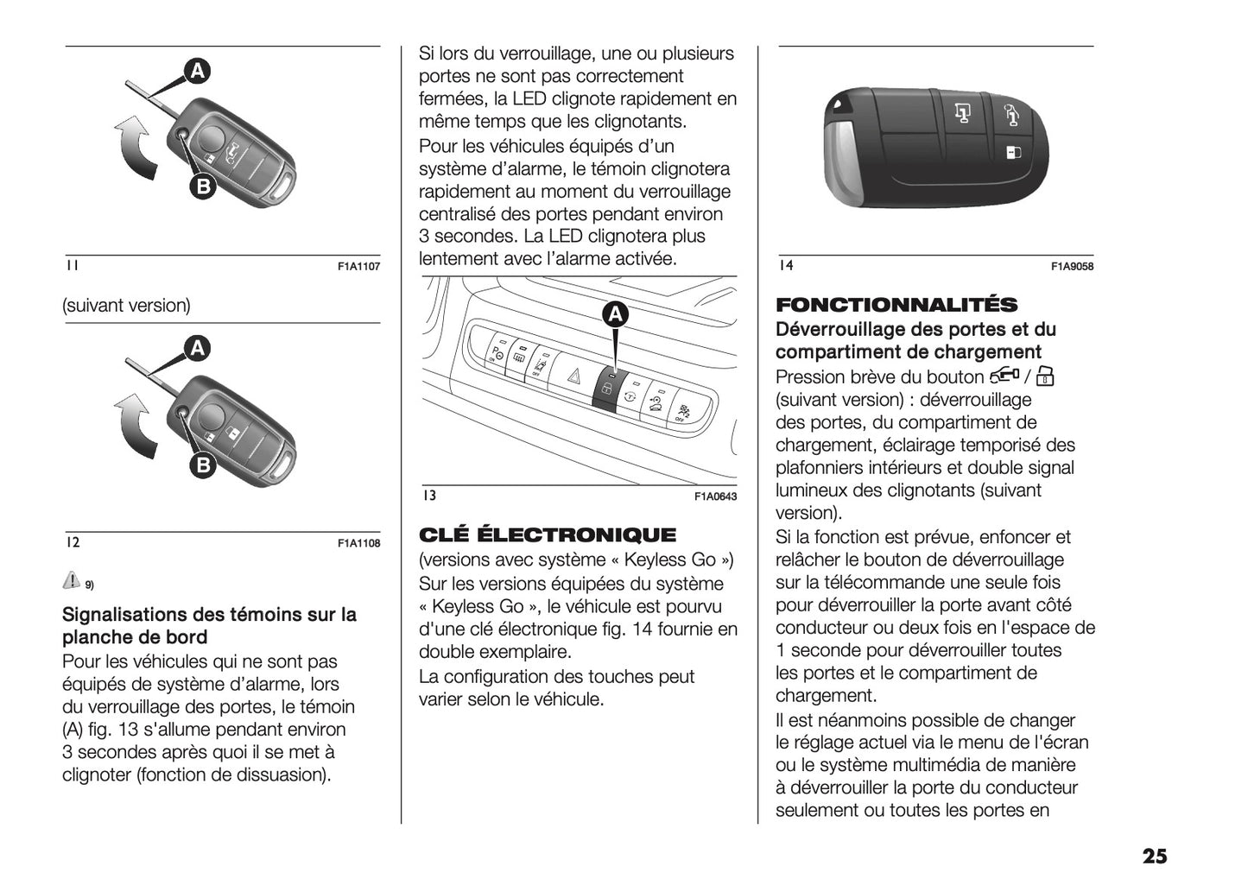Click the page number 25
point(1154,856)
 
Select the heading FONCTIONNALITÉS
point(896,305)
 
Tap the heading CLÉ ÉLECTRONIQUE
point(548,534)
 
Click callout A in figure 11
point(197,71)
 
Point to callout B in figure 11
point(201,186)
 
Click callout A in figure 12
point(198,349)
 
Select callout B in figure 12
point(202,465)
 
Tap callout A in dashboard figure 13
point(615,315)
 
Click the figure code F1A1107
point(358,268)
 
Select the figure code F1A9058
point(1072,268)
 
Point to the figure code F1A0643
point(715,497)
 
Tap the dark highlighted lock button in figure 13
point(606,390)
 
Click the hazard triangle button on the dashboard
point(573,376)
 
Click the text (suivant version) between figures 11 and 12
point(126,306)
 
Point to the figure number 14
point(785,266)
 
